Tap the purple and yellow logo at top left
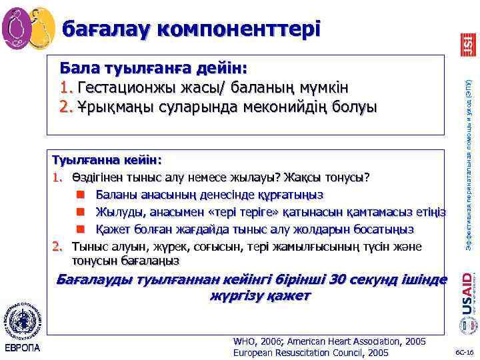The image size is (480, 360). (28, 28)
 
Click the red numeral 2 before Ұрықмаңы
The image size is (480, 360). (65, 107)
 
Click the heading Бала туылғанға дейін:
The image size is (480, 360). (153, 69)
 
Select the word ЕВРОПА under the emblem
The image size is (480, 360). (22, 348)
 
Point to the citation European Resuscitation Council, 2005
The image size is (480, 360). (311, 353)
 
